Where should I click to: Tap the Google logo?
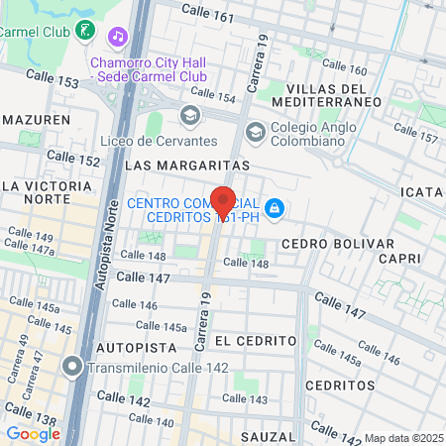coord(33,433)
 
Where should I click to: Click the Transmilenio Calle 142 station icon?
coord(71,368)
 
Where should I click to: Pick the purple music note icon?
coord(118,37)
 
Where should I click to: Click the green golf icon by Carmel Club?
coord(86,31)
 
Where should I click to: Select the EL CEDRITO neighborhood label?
coord(255,340)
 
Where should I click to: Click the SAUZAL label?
coord(267,436)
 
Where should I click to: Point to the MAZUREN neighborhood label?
coord(36,119)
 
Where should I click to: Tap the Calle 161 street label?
coord(209,18)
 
